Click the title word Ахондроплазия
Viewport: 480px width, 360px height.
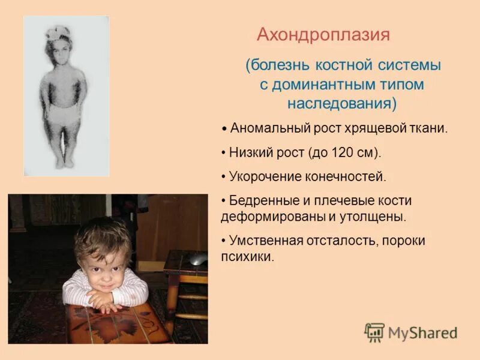pyautogui.click(x=323, y=35)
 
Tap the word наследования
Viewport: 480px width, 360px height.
pyautogui.click(x=340, y=103)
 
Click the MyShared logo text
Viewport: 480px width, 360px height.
pyautogui.click(x=422, y=333)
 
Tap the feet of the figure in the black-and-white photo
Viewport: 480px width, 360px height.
pyautogui.click(x=63, y=161)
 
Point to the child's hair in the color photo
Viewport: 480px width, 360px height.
pyautogui.click(x=102, y=233)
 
